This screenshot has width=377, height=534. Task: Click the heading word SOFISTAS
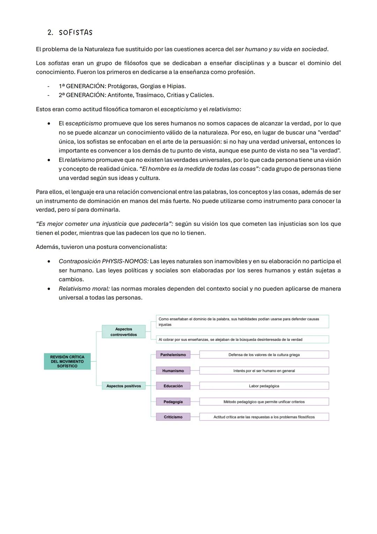point(76,33)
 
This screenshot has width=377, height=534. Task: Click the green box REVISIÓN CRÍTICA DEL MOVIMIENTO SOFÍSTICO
point(67,362)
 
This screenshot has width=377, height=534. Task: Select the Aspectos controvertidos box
point(124,332)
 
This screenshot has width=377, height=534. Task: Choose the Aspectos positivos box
point(124,386)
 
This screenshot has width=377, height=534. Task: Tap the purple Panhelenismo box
point(173,355)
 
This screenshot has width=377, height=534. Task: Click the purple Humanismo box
point(173,371)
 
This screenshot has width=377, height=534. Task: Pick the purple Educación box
point(173,386)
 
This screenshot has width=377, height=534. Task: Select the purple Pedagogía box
point(173,402)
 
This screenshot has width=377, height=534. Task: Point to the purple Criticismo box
point(173,417)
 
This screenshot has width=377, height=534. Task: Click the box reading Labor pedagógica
point(264,386)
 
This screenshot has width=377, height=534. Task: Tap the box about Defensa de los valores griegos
point(264,355)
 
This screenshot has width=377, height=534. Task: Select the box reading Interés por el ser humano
point(264,371)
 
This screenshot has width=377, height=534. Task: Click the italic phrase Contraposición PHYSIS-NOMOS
point(103,262)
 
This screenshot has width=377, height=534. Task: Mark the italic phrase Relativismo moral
point(84,289)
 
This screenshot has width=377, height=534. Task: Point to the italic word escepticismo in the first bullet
point(84,123)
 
